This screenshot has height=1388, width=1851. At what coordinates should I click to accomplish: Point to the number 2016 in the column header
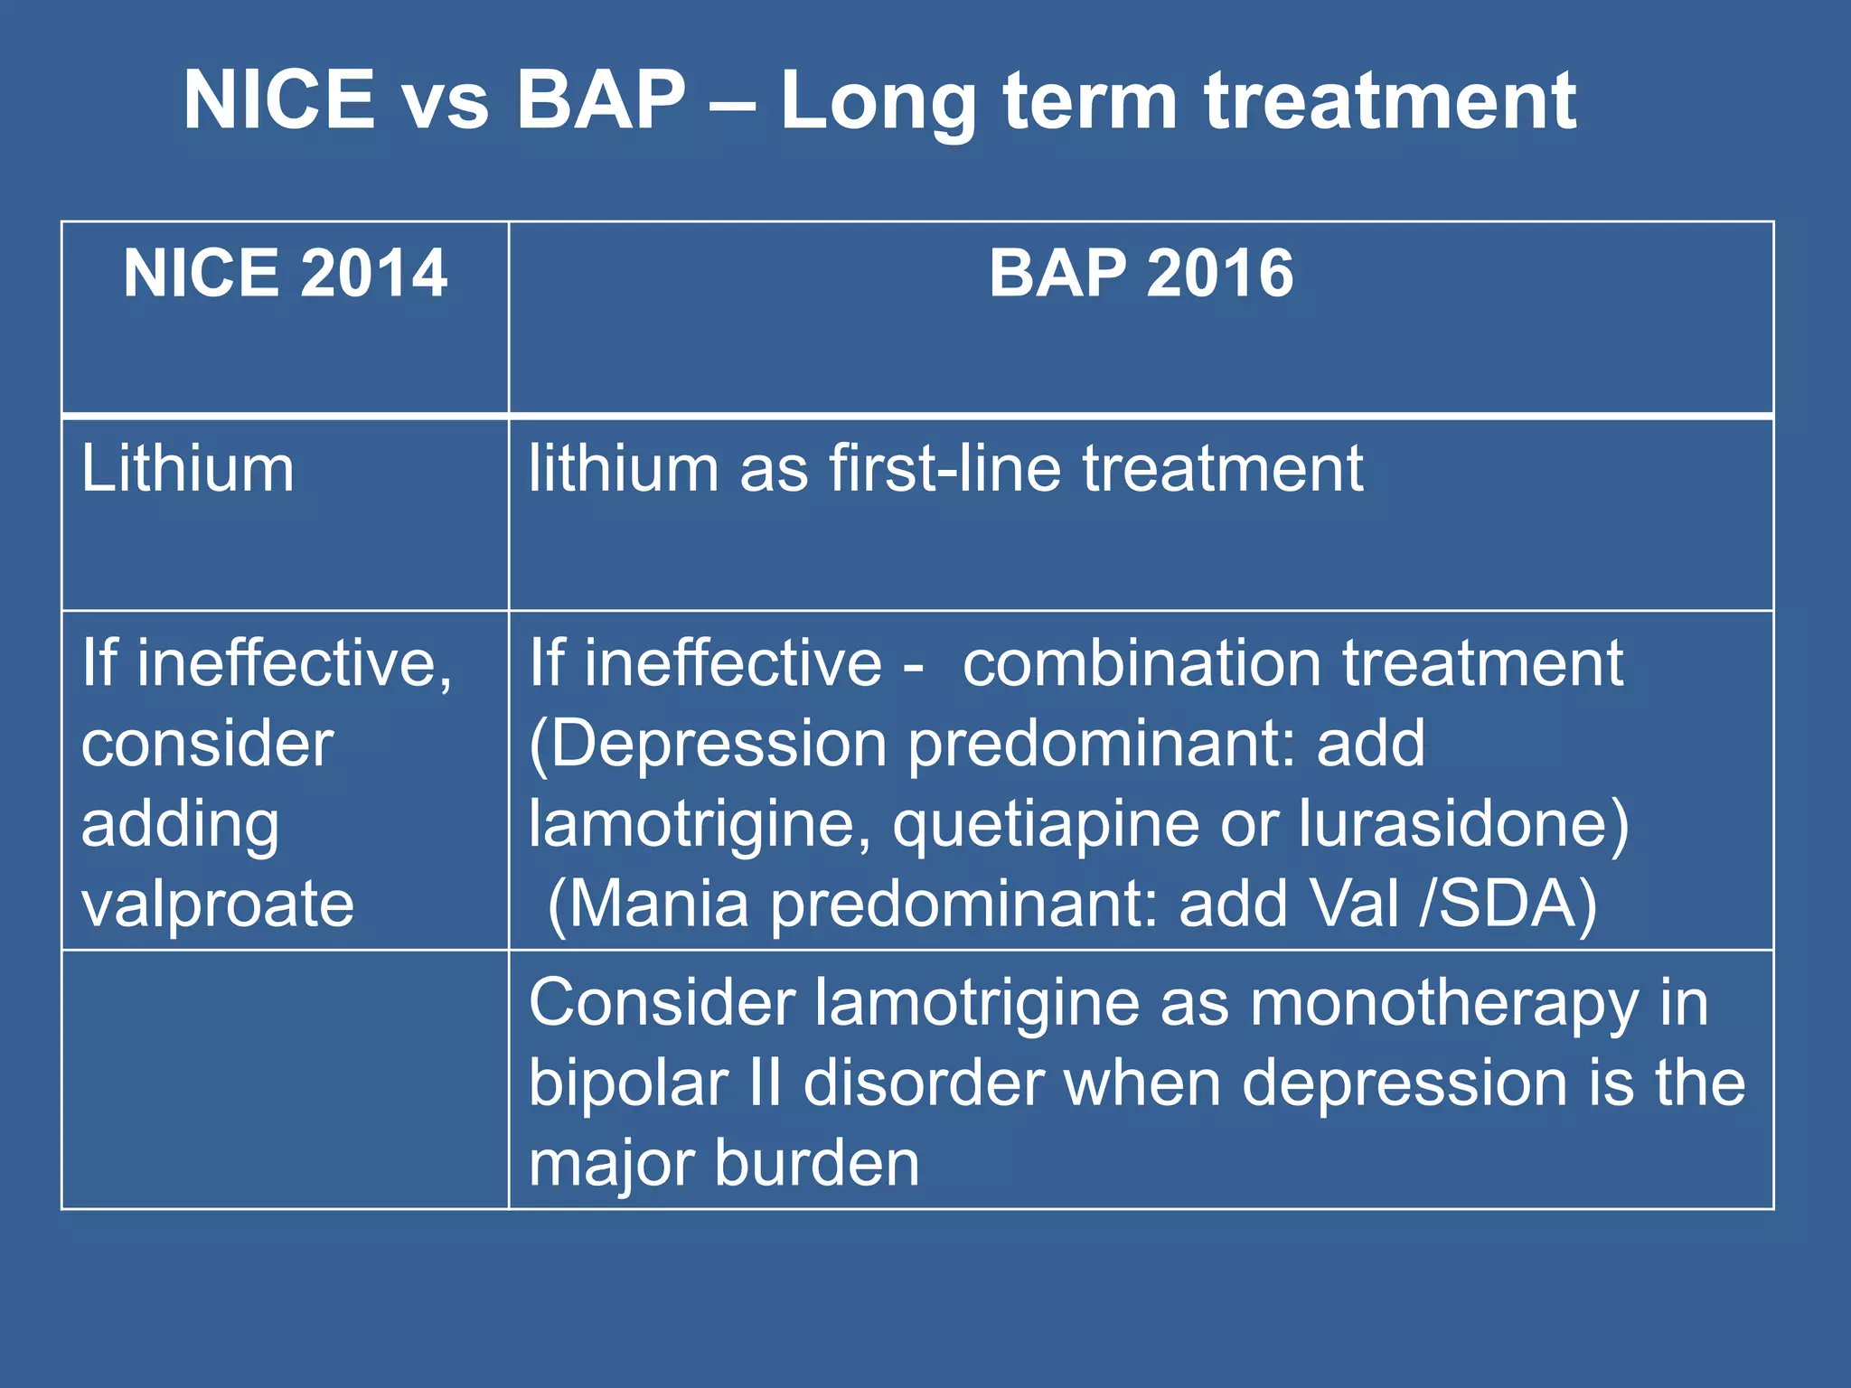point(1219,273)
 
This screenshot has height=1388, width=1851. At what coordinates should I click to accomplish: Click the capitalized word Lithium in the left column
point(188,469)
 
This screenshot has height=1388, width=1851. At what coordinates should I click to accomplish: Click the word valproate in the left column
point(218,905)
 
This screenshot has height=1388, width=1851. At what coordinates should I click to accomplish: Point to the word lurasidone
point(1463,823)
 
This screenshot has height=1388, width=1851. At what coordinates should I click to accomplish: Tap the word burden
point(817,1163)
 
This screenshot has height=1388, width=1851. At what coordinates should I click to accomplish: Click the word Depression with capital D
point(719,745)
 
